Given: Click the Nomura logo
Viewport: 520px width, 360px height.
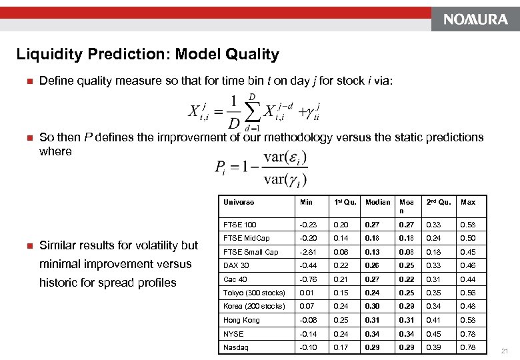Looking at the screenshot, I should pos(471,19).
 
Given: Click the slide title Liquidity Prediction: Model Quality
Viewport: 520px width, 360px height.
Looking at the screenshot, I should pos(147,54).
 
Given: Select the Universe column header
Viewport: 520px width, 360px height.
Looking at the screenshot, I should pos(239,202).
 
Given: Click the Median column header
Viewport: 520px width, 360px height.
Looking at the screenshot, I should pos(378,202).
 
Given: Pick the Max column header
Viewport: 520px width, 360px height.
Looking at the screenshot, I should pos(468,202).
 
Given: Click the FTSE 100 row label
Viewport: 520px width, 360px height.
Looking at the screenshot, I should pos(240,225).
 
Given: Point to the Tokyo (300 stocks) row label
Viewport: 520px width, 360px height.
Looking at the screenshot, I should pos(254,293).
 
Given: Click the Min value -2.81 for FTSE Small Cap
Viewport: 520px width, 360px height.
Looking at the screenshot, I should pos(308,252).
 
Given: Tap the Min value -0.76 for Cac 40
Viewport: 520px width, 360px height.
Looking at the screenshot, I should pos(308,279).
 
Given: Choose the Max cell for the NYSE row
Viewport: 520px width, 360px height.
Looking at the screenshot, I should pos(468,334).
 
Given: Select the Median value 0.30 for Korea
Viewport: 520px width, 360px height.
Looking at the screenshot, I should pos(373,307).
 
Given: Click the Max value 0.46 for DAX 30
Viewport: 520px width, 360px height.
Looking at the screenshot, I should pos(468,265).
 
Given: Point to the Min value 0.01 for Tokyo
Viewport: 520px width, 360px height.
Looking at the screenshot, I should pos(307,293).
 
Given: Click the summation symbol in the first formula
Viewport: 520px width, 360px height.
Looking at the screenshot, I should pos(252,113).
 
